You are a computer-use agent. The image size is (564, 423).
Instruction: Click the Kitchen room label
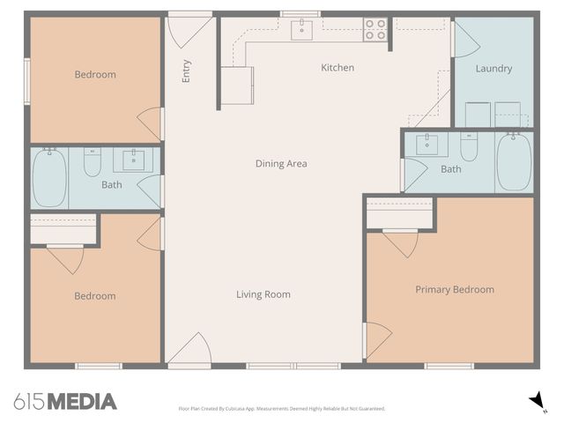(338, 68)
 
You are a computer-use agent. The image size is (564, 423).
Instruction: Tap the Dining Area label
(281, 163)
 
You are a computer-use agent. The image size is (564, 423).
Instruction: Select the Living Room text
(263, 294)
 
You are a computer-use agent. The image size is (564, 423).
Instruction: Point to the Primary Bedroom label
(454, 289)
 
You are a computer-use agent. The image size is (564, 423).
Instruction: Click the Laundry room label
(493, 69)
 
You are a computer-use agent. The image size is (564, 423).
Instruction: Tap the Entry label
(186, 71)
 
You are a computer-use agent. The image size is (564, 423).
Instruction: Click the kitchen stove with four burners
(375, 30)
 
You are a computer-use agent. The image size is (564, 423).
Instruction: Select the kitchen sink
(302, 30)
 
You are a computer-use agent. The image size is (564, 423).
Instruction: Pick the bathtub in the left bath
(49, 177)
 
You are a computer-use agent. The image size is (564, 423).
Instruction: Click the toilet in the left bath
(93, 162)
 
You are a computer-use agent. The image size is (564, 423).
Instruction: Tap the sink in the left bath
(133, 160)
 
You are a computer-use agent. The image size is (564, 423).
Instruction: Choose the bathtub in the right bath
(513, 161)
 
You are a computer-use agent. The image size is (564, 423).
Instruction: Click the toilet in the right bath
(469, 147)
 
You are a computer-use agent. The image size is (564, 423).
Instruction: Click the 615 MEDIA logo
(65, 402)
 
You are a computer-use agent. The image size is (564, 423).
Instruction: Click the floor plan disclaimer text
(281, 409)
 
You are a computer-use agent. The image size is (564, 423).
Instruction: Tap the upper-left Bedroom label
(94, 75)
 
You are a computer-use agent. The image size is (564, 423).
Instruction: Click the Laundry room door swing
(464, 40)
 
